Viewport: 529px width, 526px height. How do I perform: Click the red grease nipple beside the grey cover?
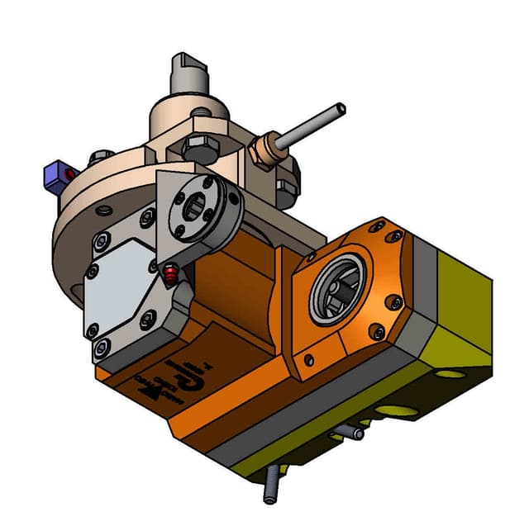click(169, 273)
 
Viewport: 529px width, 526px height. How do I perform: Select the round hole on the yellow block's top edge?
click(450, 373)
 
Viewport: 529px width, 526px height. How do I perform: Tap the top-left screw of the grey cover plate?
click(100, 242)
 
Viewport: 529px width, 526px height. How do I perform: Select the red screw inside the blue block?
click(69, 175)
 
